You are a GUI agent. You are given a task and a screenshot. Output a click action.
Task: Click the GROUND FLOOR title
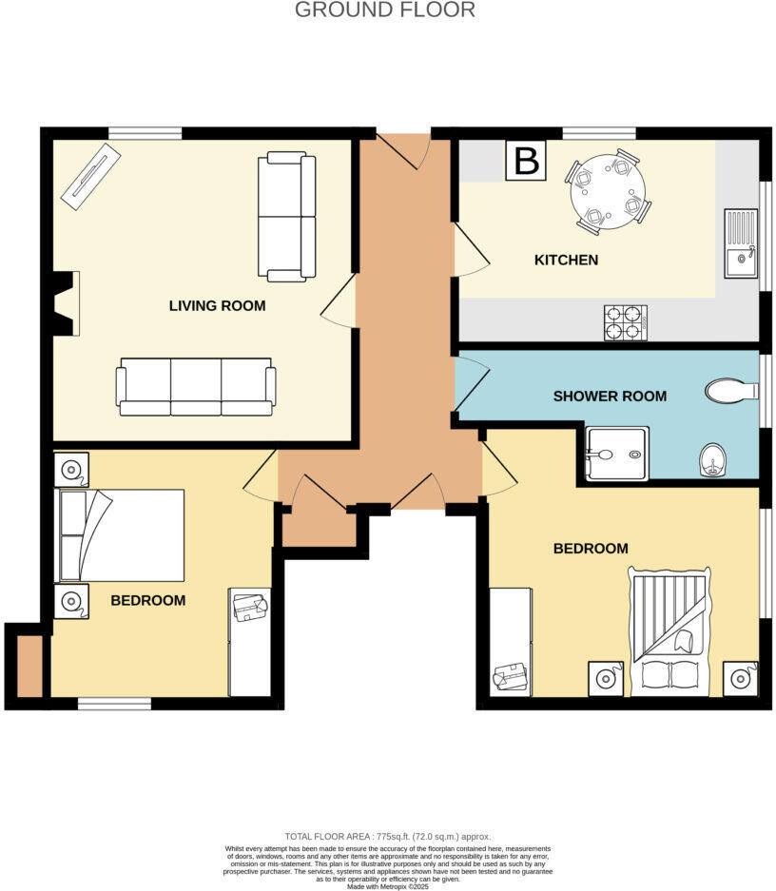(384, 10)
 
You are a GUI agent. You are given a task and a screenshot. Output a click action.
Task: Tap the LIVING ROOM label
(217, 306)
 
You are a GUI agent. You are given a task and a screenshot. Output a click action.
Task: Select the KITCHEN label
(566, 260)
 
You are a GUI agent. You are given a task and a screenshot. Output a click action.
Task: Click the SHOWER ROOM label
(610, 396)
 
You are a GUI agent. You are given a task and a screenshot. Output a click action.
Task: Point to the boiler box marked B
(526, 161)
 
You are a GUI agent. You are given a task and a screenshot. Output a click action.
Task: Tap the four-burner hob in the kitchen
(625, 322)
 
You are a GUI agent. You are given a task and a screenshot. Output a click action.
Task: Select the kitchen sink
(741, 244)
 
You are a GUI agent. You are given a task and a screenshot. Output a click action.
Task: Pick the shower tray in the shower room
(617, 454)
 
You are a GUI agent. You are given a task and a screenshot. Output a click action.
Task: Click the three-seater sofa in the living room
(196, 387)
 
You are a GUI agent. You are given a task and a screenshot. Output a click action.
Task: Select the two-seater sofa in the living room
(286, 217)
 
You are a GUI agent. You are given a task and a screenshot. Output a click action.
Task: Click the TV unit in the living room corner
(91, 176)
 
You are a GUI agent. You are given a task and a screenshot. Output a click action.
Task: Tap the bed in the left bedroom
(121, 535)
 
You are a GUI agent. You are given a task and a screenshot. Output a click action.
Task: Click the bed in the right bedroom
(669, 631)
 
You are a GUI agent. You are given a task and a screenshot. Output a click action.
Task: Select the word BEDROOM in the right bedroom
(591, 549)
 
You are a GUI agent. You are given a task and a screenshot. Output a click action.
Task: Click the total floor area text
(388, 836)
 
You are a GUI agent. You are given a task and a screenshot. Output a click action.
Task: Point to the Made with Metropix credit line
(388, 887)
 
